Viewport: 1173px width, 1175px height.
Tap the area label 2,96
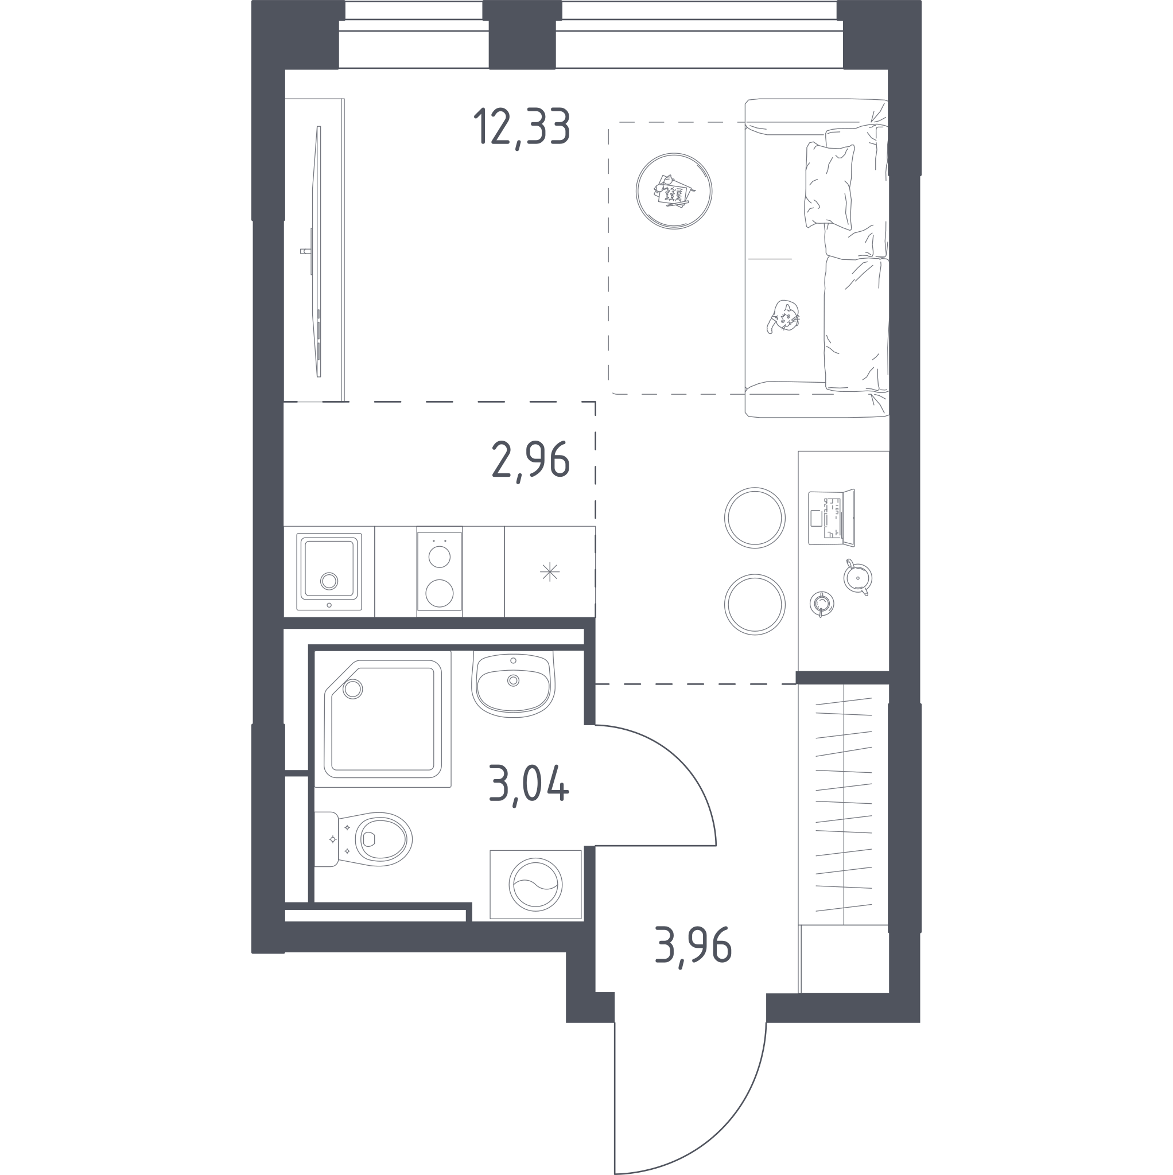530,460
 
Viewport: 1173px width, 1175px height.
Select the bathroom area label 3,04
529,784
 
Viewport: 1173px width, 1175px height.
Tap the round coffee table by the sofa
674,191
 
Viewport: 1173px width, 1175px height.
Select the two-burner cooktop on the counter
439,571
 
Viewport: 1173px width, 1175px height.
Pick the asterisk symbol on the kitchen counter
550,571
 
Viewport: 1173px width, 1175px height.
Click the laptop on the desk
832,518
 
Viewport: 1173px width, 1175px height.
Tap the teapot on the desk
858,577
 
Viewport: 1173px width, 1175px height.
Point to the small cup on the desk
822,604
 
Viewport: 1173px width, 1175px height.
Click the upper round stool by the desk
755,518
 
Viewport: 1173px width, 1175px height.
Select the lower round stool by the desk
755,605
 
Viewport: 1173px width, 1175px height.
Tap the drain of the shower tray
353,689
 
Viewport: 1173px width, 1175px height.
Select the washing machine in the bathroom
535,885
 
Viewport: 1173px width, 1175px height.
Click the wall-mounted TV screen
317,251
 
